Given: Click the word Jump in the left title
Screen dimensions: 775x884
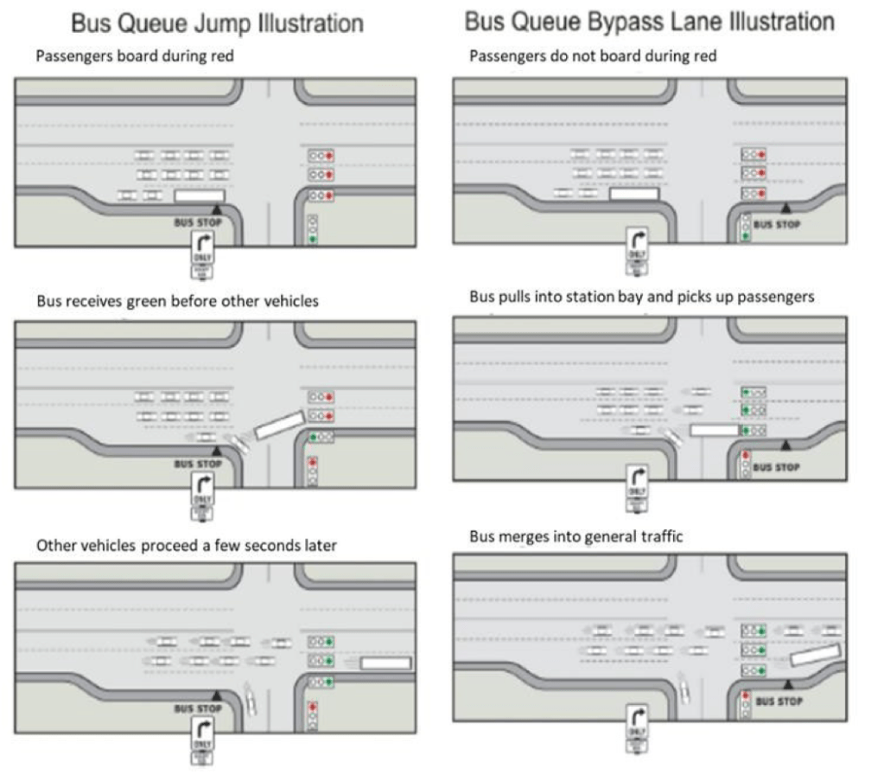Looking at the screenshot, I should tap(223, 22).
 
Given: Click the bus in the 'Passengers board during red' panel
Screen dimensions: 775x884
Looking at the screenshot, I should tap(200, 196).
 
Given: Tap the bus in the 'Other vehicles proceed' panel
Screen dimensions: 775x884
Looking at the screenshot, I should tap(385, 663).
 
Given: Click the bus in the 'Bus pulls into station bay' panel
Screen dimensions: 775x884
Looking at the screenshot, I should tap(715, 429).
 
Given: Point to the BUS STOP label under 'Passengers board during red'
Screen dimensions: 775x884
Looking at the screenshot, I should tap(198, 221).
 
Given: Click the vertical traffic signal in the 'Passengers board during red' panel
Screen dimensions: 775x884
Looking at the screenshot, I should tap(312, 229).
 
